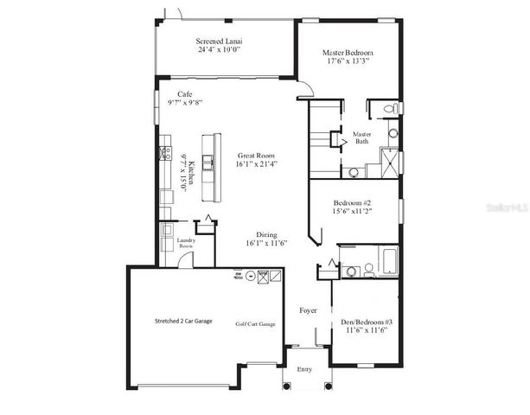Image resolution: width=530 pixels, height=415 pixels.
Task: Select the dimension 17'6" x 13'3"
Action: coord(348,62)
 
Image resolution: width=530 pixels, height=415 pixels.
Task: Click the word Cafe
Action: coord(184,93)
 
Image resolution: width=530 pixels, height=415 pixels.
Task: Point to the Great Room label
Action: coord(257,154)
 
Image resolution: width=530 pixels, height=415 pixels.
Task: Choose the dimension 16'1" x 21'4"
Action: coord(257,163)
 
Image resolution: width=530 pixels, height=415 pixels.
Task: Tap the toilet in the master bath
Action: coord(390,109)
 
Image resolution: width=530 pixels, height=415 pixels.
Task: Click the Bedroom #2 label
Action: coord(354,204)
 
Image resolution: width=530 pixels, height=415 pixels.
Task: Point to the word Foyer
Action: coord(308,310)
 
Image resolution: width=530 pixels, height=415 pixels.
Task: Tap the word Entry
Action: coord(304,369)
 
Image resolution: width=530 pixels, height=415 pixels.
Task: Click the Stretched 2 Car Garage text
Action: coord(177,321)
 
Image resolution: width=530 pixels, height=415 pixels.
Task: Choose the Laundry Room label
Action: coord(186,245)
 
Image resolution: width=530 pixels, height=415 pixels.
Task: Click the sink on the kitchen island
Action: coord(208,164)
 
